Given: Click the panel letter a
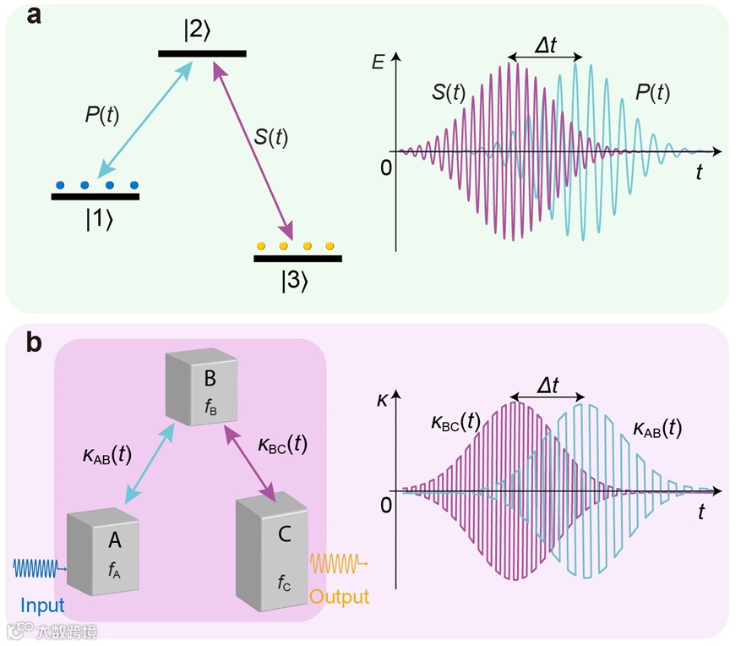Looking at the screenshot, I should pyautogui.click(x=35, y=17).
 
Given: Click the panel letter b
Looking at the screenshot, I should pyautogui.click(x=35, y=343).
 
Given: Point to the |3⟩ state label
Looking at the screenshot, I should pyautogui.click(x=297, y=279).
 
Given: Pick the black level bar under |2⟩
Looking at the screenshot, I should pyautogui.click(x=202, y=53).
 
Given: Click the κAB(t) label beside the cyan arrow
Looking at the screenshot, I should pyautogui.click(x=99, y=455).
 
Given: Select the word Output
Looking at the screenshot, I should pyautogui.click(x=339, y=596).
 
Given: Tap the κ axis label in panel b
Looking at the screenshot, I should pyautogui.click(x=382, y=395).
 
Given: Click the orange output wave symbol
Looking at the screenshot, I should pyautogui.click(x=339, y=561).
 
